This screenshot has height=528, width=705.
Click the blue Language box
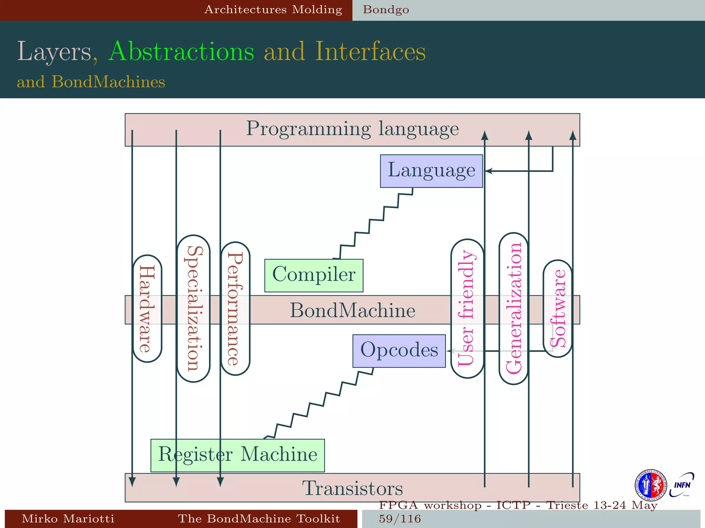[431, 171]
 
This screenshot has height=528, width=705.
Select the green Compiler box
[314, 275]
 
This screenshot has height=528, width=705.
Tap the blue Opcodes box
[399, 351]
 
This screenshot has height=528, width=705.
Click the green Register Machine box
[238, 455]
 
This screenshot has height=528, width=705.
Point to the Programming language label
[352, 129]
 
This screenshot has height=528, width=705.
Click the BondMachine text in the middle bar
[352, 310]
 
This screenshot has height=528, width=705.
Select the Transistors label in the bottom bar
[352, 488]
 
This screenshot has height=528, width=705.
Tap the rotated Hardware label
[147, 309]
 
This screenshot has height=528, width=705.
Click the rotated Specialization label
[193, 309]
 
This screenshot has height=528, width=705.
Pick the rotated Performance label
[235, 309]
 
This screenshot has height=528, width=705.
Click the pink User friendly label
[467, 309]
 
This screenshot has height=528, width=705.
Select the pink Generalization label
[513, 309]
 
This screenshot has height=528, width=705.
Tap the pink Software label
[557, 309]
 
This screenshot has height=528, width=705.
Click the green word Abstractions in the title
[181, 52]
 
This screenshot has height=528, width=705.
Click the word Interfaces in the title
[370, 52]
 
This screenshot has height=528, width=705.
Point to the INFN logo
[682, 485]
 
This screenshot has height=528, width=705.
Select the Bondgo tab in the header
[386, 10]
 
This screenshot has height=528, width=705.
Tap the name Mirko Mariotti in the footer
[68, 519]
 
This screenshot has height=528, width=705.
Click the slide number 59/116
[400, 519]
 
